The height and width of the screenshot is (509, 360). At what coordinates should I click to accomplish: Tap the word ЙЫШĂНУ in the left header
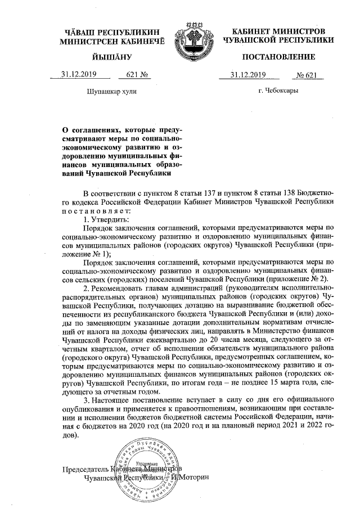pos(110,57)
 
